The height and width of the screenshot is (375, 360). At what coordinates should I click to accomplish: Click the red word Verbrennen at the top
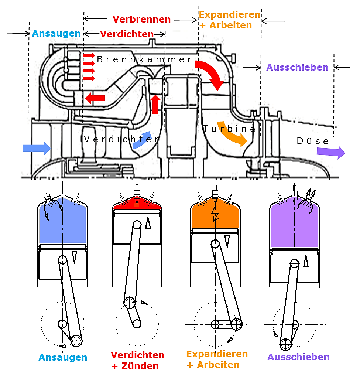(x=141, y=19)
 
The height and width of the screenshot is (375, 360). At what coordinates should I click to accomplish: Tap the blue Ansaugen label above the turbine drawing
(x=56, y=34)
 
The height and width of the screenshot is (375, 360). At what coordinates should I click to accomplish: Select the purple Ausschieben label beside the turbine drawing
(x=297, y=68)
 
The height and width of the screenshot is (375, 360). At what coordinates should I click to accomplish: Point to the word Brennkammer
(x=144, y=59)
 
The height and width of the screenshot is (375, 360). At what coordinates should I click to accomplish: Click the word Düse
(x=312, y=141)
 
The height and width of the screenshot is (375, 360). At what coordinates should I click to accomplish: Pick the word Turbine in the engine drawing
(x=229, y=129)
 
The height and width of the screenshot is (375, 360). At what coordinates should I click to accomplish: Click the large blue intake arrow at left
(x=37, y=148)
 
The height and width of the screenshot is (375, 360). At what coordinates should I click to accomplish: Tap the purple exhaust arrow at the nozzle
(x=331, y=152)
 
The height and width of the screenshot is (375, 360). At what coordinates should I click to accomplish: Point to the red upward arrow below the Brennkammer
(x=155, y=104)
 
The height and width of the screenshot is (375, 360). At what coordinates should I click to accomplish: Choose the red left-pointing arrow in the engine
(x=95, y=98)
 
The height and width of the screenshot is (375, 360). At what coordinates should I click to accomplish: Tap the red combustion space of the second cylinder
(x=137, y=204)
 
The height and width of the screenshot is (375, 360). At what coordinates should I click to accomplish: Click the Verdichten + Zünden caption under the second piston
(x=137, y=361)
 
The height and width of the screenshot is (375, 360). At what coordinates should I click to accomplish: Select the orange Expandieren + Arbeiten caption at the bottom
(x=217, y=359)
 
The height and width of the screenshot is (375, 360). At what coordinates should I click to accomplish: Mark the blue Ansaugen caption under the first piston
(x=63, y=358)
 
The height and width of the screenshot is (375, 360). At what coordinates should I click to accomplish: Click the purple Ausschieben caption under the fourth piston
(x=298, y=357)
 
